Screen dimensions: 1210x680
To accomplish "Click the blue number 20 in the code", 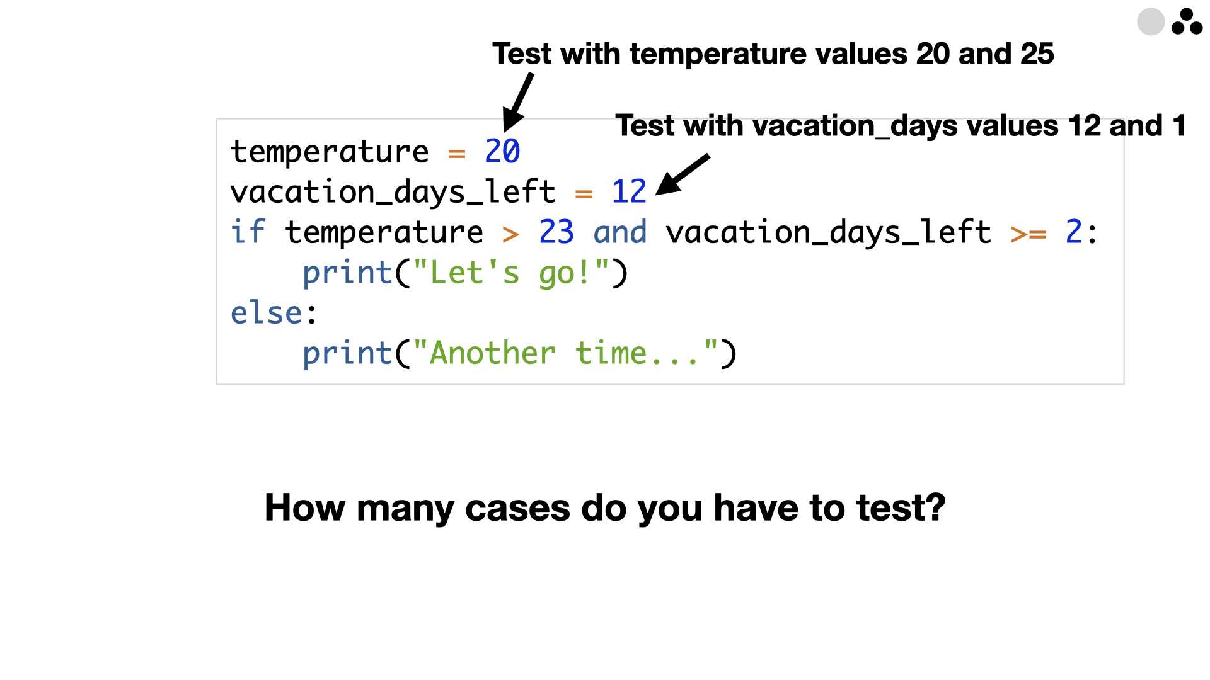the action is (x=502, y=152).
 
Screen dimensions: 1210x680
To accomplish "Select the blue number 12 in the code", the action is (x=629, y=191).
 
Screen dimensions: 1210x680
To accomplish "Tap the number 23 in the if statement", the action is (x=556, y=232).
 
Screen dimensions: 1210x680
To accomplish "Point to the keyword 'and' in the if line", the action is (x=620, y=232).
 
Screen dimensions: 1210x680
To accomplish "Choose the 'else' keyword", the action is (x=266, y=312).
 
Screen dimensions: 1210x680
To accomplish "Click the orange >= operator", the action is (x=1028, y=234).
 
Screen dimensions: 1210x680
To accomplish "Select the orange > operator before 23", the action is (x=511, y=234).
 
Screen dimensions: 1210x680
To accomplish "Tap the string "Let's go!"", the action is (x=510, y=273).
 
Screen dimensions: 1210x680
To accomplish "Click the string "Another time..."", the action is (x=565, y=353).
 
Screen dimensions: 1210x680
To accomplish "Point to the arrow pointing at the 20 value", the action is (x=518, y=102).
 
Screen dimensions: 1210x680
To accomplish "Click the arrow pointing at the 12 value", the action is (x=683, y=174).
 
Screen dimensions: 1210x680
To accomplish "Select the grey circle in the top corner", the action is (x=1151, y=22).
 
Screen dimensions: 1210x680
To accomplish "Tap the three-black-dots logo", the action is (x=1187, y=21).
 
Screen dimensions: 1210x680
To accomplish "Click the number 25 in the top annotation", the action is (x=1037, y=54).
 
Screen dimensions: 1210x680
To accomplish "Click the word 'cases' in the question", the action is (x=517, y=507).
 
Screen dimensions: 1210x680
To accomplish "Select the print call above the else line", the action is (x=465, y=273).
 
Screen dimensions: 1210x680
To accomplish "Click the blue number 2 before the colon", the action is (x=1074, y=232).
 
